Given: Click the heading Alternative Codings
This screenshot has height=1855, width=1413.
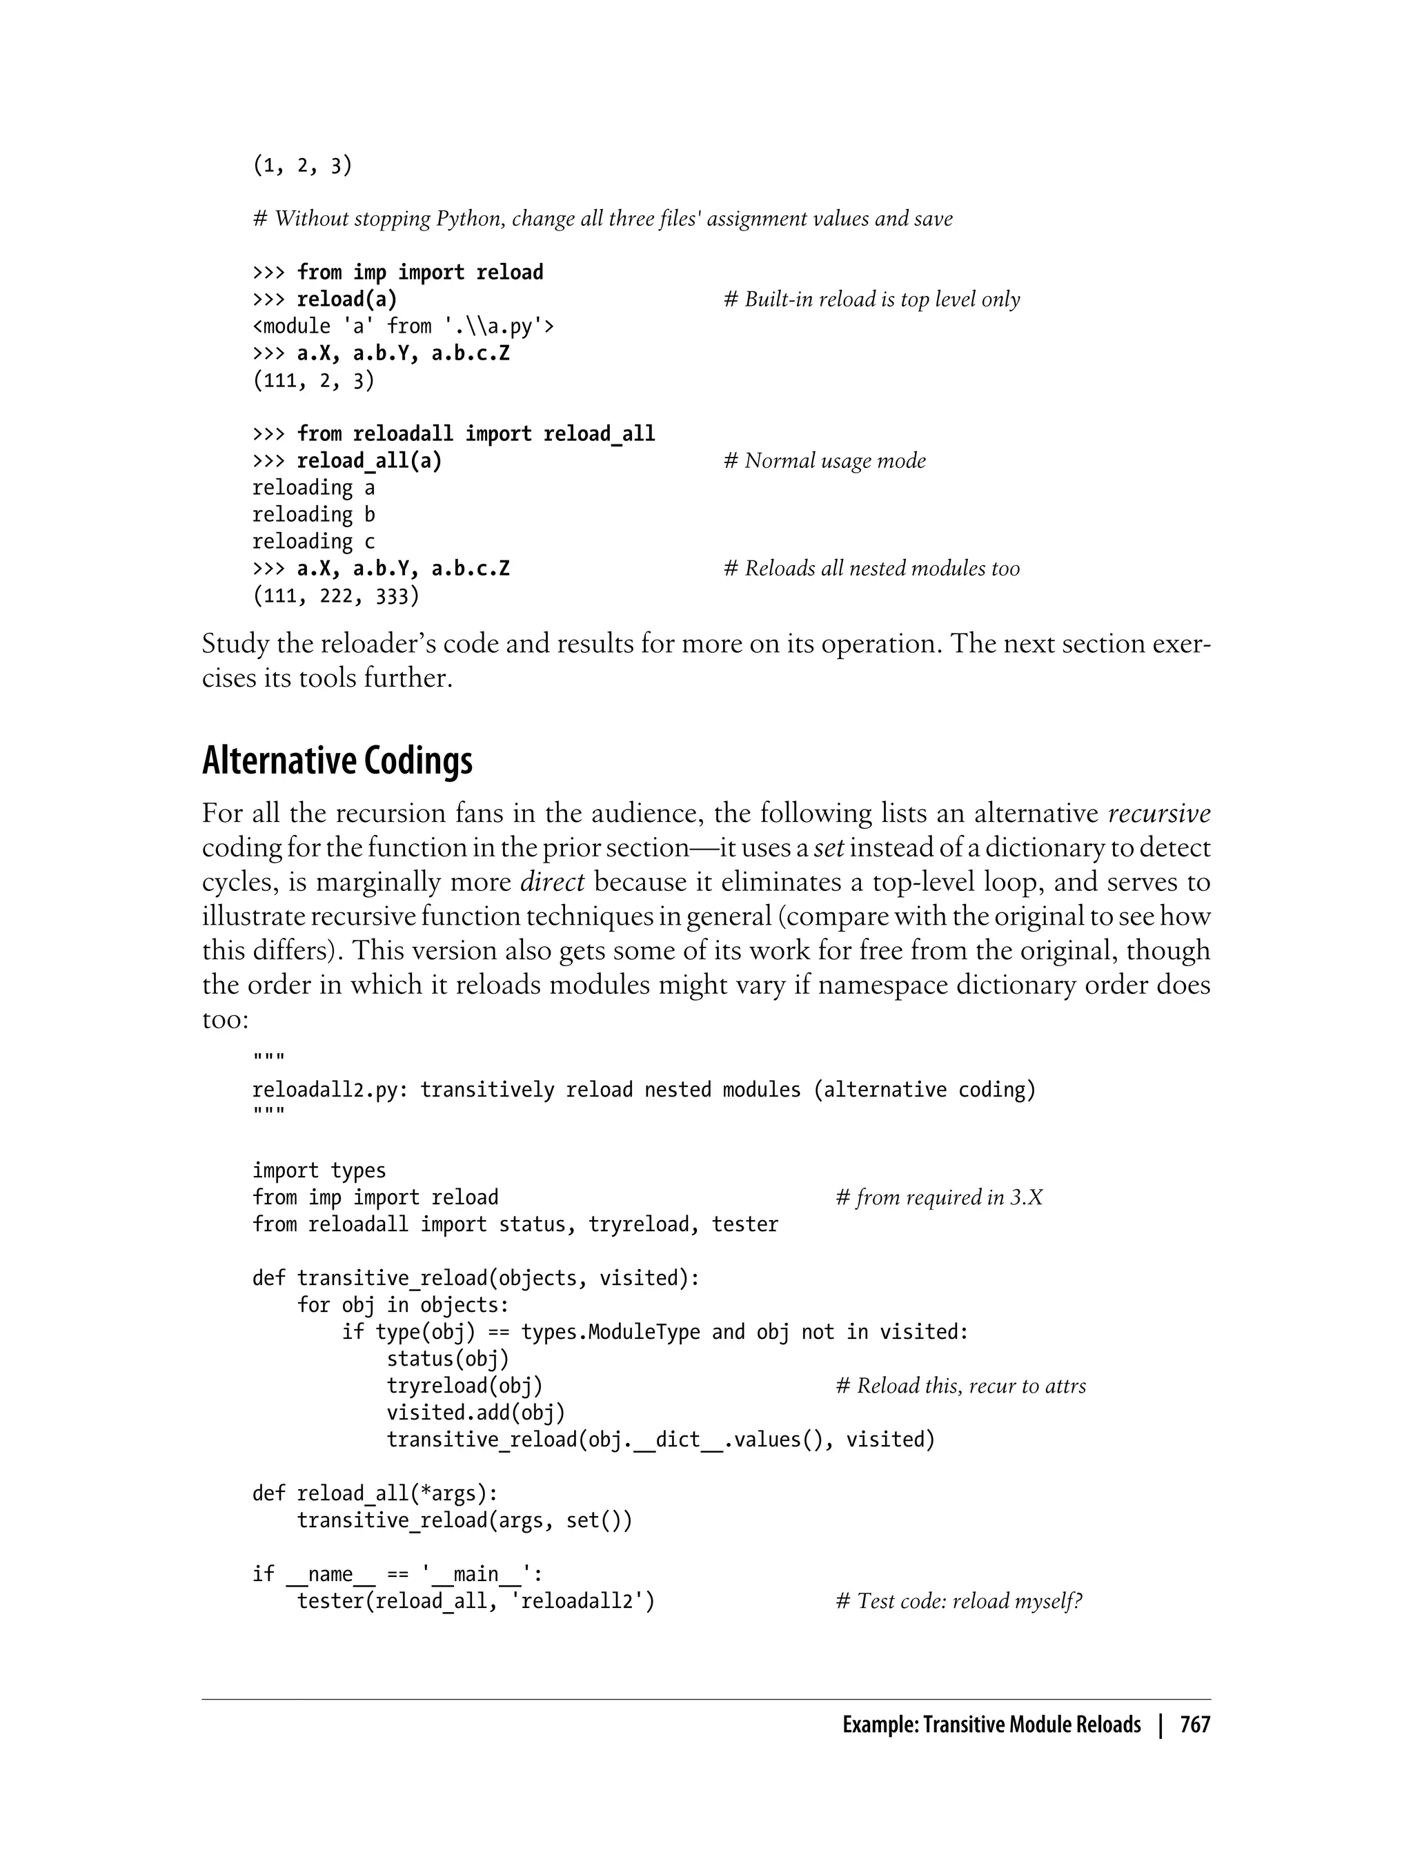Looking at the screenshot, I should (x=337, y=761).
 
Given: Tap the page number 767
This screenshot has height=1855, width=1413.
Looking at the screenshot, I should (x=1194, y=1725).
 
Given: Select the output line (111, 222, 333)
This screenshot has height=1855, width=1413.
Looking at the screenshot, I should (x=335, y=596).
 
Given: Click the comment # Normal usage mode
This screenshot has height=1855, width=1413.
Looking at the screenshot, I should (x=824, y=461).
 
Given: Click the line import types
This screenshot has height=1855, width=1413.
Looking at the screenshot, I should (x=319, y=1170).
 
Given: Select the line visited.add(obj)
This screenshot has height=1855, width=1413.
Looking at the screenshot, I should (x=475, y=1413).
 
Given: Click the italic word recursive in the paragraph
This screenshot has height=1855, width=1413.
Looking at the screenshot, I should (x=1159, y=814).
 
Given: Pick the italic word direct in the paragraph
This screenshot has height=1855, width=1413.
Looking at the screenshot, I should (x=552, y=883).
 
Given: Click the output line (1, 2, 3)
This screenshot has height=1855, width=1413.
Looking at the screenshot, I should (x=302, y=166).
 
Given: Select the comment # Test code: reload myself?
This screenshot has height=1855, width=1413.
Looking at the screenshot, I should (x=959, y=1601).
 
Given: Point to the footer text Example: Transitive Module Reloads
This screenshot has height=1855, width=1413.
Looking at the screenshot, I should (x=991, y=1725).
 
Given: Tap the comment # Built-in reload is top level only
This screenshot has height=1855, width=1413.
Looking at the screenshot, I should (x=871, y=300).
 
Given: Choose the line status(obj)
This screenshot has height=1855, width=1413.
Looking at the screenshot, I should (x=448, y=1359).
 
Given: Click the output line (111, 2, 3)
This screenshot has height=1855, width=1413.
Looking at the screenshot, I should (x=313, y=381).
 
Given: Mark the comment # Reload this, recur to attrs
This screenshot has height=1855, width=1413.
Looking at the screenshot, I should (x=960, y=1386).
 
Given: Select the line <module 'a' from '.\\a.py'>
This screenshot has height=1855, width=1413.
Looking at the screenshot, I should (x=403, y=326).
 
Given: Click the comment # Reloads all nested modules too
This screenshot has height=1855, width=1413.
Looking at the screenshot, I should (x=871, y=569).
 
